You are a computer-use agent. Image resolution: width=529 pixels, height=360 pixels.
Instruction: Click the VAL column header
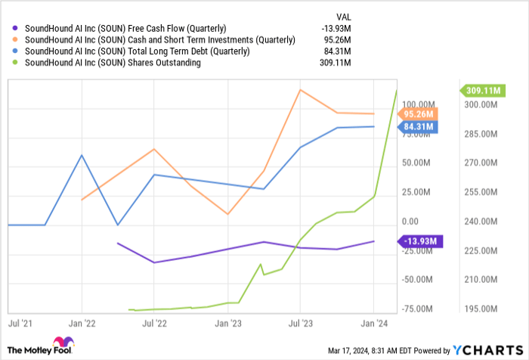(x=344, y=15)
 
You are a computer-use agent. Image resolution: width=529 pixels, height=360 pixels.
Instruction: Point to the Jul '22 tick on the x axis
(x=154, y=322)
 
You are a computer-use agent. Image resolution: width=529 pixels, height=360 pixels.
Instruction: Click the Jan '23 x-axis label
(x=227, y=322)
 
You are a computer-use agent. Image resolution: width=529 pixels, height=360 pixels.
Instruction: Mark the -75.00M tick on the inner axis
(x=418, y=309)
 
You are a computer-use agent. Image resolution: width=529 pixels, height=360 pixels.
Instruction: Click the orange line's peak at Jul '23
(x=300, y=90)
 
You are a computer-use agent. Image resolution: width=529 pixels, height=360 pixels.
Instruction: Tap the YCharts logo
(x=487, y=349)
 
